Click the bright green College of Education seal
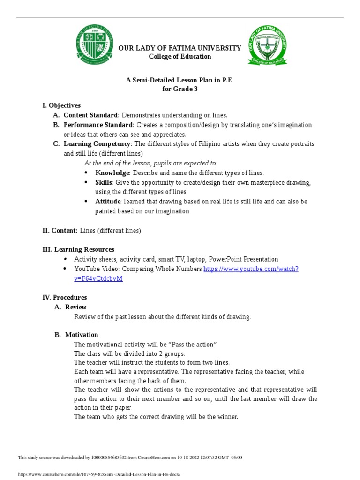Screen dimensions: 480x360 pyautogui.click(x=266, y=47)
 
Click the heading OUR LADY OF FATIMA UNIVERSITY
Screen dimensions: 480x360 pyautogui.click(x=180, y=48)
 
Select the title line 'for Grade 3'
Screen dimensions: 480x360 pyautogui.click(x=180, y=89)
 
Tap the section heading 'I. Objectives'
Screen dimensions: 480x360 pyautogui.click(x=61, y=105)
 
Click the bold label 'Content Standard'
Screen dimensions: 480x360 pyautogui.click(x=91, y=115)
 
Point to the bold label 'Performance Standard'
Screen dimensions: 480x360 pyautogui.click(x=98, y=125)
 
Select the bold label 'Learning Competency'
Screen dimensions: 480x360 pyautogui.click(x=97, y=143)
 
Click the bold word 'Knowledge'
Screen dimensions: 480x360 pyautogui.click(x=112, y=172)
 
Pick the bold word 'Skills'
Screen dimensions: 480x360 pyautogui.click(x=104, y=182)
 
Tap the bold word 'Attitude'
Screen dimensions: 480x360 pyautogui.click(x=108, y=201)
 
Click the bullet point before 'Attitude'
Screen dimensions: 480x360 pyautogui.click(x=86, y=201)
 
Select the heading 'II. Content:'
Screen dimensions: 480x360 pyautogui.click(x=60, y=230)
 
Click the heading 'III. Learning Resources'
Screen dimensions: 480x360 pyautogui.click(x=78, y=249)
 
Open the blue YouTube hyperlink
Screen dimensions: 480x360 pyautogui.click(x=251, y=269)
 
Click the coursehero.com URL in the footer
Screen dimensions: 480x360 pyautogui.click(x=98, y=474)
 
